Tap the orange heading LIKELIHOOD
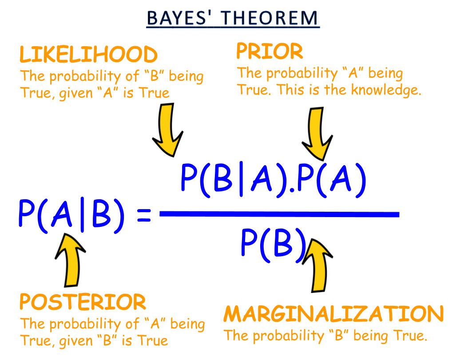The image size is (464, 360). point(88,55)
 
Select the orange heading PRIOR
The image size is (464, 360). point(270,51)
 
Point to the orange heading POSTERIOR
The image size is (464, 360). point(83,302)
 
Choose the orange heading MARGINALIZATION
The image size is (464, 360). point(333,313)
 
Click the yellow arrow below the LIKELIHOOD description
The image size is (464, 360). point(167,129)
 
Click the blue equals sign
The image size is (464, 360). point(144,215)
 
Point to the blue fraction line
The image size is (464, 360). point(279,214)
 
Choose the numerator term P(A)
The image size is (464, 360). point(331,180)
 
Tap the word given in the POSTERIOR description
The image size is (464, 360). point(76,341)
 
